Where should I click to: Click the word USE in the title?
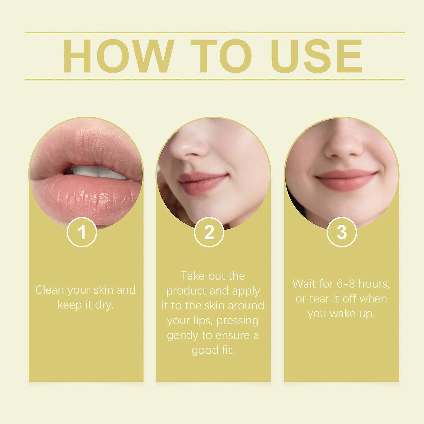(x=316, y=56)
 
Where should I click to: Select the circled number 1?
(x=82, y=232)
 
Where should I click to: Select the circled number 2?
(x=209, y=232)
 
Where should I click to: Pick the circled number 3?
(x=342, y=232)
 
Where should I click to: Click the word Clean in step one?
(x=50, y=290)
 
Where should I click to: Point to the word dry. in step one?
(x=104, y=305)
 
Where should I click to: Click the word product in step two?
(x=186, y=291)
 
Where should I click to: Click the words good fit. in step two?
(x=213, y=350)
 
